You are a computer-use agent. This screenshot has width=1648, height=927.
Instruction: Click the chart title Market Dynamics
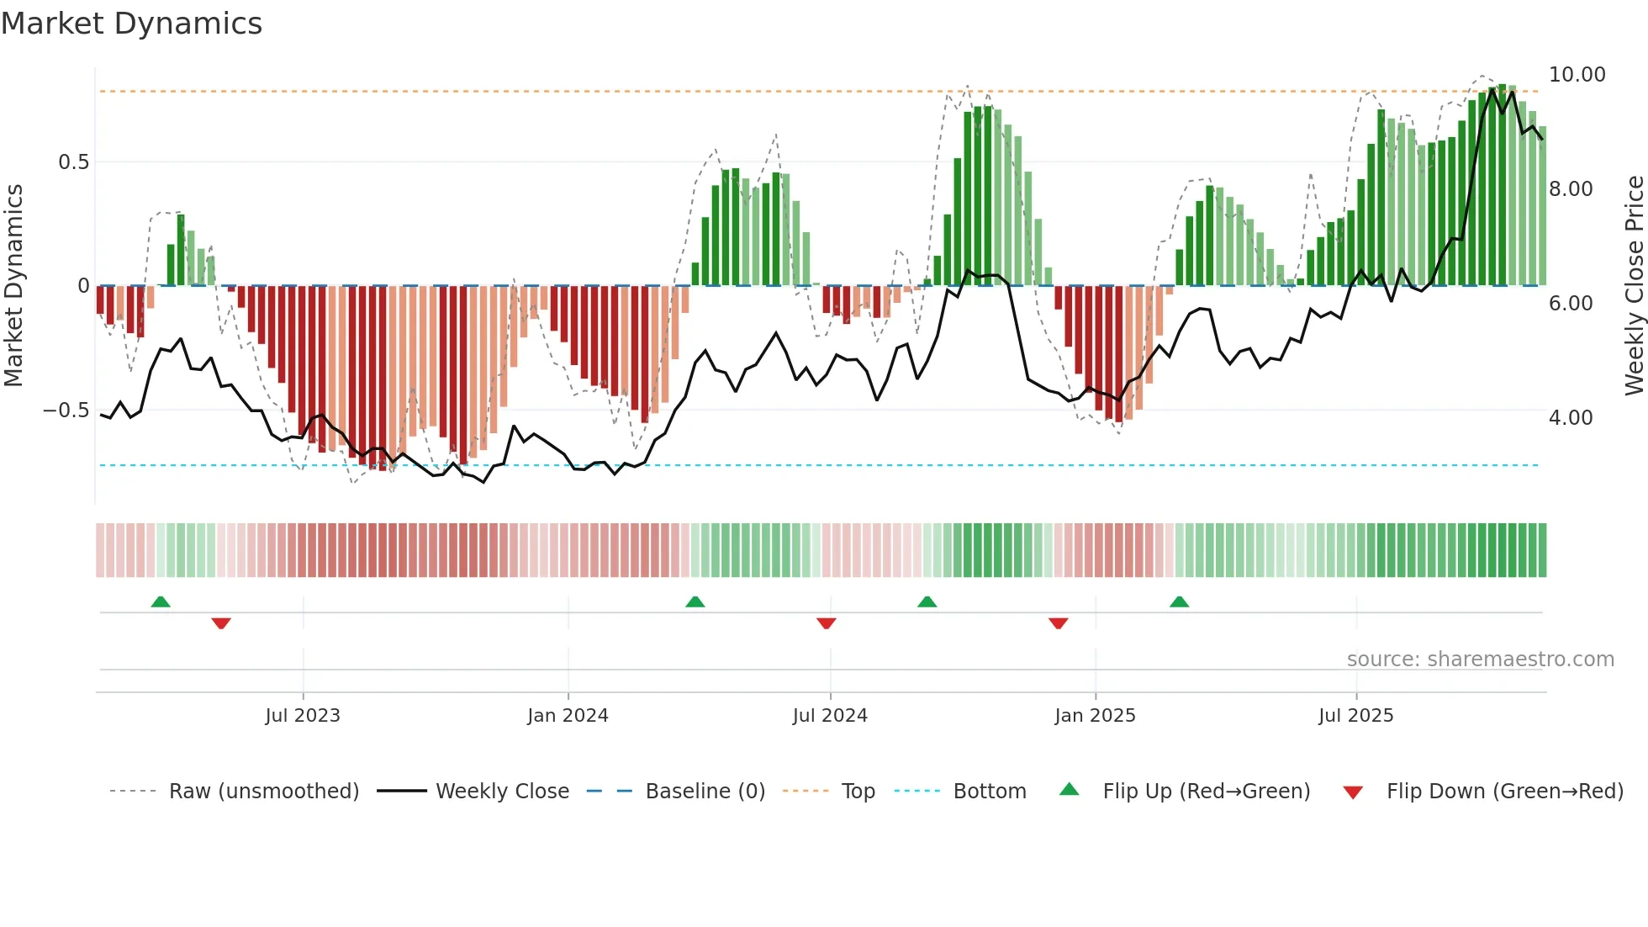pos(132,24)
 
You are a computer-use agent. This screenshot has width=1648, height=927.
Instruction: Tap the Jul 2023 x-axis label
pos(303,716)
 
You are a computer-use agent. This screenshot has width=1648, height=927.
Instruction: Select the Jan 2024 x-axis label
pos(568,716)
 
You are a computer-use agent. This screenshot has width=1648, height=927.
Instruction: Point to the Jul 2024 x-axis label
pos(830,716)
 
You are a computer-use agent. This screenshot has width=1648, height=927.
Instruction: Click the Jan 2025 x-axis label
pos(1095,716)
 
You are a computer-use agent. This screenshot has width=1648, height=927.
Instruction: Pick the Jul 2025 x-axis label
pos(1355,716)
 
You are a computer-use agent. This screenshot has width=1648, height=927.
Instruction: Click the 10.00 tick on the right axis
pos(1577,75)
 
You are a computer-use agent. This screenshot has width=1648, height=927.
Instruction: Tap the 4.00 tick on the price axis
pos(1571,418)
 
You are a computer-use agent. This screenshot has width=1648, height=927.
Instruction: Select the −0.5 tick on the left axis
pos(66,411)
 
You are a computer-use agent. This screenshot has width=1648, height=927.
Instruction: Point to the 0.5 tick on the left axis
pos(73,162)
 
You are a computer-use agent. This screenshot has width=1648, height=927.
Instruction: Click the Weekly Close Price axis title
pos(1634,286)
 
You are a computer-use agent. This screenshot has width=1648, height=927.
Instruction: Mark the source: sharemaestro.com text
pos(1480,659)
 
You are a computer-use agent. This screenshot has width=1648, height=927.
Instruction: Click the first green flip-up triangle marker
pos(161,601)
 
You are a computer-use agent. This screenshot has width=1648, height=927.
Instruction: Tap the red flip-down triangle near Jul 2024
pos(826,623)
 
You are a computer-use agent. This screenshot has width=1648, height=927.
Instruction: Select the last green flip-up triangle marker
pos(1179,601)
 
